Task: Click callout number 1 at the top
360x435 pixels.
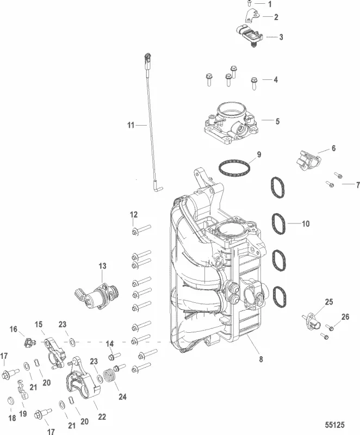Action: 270,4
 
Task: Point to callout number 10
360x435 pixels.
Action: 305,223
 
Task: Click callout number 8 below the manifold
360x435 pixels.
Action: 260,359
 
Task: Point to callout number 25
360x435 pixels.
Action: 328,302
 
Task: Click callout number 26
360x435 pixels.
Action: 345,316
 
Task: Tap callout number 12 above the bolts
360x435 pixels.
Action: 134,215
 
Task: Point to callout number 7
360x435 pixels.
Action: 357,185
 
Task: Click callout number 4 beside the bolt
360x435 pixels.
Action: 275,79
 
